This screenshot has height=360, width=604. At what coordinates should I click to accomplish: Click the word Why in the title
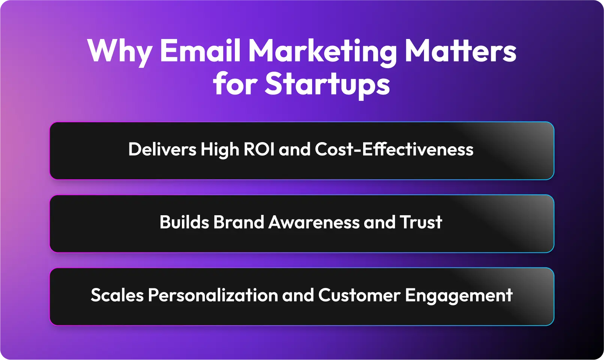tap(120, 52)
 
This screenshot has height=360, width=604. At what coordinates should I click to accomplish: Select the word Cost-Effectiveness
tap(394, 149)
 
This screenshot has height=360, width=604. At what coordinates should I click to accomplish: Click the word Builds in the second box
tap(185, 222)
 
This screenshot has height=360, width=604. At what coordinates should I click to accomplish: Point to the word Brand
tap(239, 222)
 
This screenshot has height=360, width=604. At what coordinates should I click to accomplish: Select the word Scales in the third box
tap(117, 295)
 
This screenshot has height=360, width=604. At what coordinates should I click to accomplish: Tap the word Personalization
tap(213, 295)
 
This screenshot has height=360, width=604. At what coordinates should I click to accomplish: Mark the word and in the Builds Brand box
tap(380, 222)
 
